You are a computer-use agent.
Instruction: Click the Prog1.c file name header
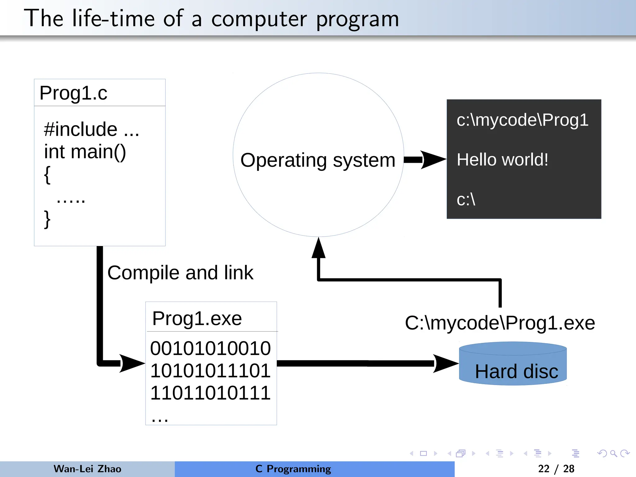point(73,93)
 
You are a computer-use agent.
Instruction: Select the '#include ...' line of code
point(91,129)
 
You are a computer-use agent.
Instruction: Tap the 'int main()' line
point(85,152)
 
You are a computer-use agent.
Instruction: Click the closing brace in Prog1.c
point(47,219)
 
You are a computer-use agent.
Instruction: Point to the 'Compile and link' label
point(180,273)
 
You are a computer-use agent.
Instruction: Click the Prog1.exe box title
point(197,319)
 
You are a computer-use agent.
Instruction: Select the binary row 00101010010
point(210,348)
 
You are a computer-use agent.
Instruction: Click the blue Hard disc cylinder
point(513,366)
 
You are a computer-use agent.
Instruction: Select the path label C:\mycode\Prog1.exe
point(500,323)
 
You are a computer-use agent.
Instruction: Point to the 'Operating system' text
point(318,161)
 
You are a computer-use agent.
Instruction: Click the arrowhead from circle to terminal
point(433,160)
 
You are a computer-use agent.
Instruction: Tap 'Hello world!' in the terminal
point(502,160)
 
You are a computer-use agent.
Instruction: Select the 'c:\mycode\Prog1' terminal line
point(522,120)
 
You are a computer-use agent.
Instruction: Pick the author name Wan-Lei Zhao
point(87,469)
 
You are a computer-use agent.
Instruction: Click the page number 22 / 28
point(556,469)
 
